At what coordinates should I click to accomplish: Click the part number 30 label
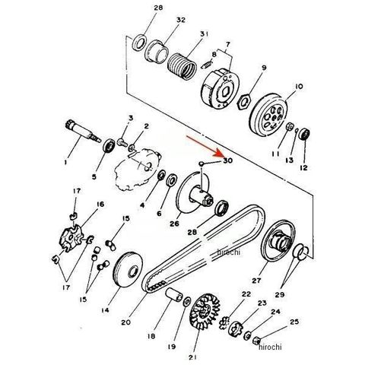(x=227, y=160)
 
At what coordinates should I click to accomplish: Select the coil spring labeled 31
(x=182, y=66)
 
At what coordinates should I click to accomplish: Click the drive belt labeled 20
(x=203, y=249)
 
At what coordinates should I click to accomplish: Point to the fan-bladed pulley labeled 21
(x=205, y=311)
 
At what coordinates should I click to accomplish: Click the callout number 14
(x=105, y=310)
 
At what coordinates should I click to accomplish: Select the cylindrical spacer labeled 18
(x=174, y=294)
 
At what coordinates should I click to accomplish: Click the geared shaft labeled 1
(x=82, y=132)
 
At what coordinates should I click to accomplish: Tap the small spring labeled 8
(x=206, y=65)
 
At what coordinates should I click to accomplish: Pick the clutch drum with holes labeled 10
(x=269, y=116)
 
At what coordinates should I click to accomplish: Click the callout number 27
(x=256, y=281)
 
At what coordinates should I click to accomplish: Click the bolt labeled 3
(x=122, y=142)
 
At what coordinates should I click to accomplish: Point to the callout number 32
(x=181, y=20)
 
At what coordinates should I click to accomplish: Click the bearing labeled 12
(x=304, y=134)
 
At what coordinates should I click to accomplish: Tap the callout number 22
(x=246, y=294)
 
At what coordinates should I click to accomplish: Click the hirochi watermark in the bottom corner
(x=270, y=347)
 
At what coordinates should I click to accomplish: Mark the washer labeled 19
(x=187, y=301)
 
